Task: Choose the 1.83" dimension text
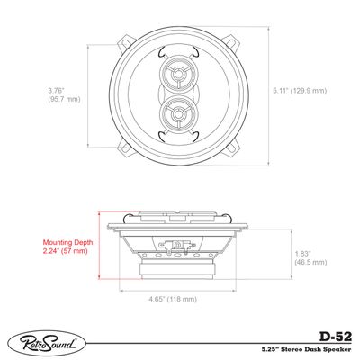tap(304, 253)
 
